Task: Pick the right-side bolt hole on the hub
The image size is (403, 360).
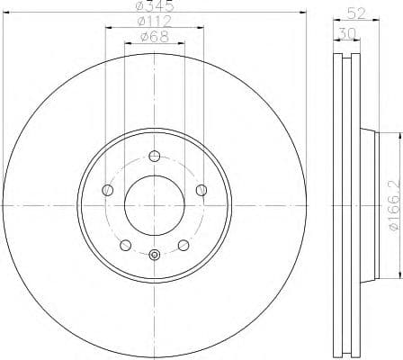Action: point(201,189)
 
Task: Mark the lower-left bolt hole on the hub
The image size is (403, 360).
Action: point(125,244)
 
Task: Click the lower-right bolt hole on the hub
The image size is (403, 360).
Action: point(183,244)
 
